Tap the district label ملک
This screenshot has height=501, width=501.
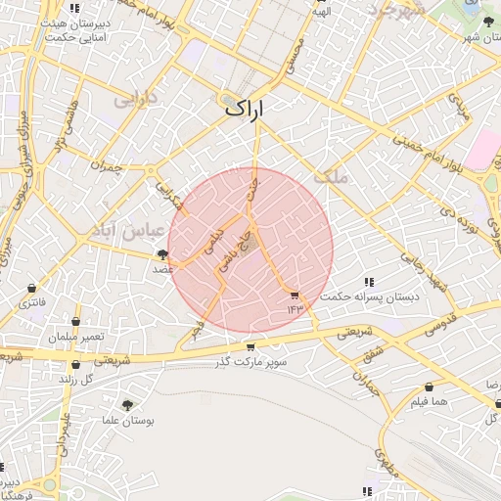click(332, 176)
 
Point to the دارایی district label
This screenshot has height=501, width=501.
click(135, 99)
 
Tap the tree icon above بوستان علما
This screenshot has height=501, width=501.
click(127, 404)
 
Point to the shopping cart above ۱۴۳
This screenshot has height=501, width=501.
click(295, 295)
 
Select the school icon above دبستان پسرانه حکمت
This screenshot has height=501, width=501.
click(368, 282)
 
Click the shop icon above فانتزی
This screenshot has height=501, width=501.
click(34, 289)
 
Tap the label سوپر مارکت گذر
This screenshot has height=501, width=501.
click(252, 362)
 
